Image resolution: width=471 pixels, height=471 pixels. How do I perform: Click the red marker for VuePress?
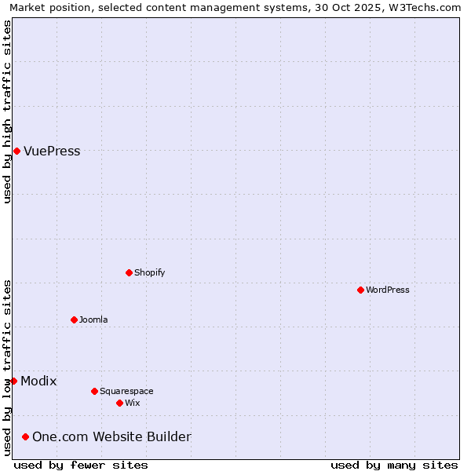click(16, 151)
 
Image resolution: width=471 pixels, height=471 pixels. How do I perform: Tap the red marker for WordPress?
click(360, 290)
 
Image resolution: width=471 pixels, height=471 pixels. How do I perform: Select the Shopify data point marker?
click(129, 272)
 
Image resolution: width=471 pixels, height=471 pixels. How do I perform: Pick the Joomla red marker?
click(74, 319)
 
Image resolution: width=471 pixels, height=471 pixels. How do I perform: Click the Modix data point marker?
click(13, 381)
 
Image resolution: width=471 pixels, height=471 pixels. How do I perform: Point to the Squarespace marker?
click(94, 391)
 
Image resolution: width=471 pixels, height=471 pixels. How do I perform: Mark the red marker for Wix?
click(119, 403)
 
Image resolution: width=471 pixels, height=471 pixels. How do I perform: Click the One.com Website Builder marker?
click(25, 436)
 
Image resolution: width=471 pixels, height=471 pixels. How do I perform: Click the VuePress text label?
click(52, 151)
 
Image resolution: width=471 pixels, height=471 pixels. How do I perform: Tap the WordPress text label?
click(388, 290)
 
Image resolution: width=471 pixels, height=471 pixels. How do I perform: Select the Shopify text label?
click(149, 272)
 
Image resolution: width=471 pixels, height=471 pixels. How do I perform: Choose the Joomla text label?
click(93, 319)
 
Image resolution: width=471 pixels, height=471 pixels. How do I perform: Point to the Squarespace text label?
click(126, 391)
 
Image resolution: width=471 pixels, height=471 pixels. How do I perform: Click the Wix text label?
click(132, 403)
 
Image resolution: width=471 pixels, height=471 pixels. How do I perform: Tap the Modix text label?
click(38, 381)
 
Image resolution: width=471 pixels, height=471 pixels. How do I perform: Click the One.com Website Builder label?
click(111, 436)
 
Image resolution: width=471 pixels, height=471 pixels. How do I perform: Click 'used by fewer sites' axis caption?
click(81, 465)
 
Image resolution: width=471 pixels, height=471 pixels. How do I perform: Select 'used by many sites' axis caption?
click(394, 465)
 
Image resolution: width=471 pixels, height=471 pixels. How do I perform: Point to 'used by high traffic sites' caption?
click(7, 111)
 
